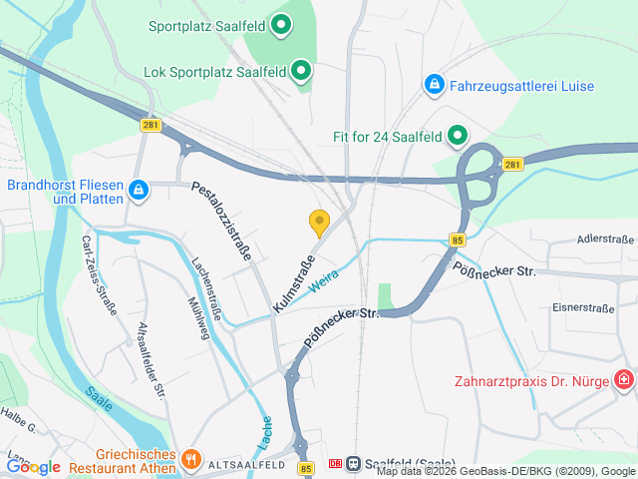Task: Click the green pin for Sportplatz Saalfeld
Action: coord(281,24)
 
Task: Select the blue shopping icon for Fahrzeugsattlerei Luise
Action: coord(434,86)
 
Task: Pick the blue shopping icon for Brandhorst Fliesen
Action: coord(139,190)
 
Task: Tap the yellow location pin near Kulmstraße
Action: coord(319,222)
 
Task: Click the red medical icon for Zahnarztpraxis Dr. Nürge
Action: coord(624,380)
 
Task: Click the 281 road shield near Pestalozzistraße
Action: coord(151,125)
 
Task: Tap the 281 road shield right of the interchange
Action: coord(511,165)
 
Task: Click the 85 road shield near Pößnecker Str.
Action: coord(458,240)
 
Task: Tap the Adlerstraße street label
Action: coord(605,240)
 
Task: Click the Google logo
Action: coord(34,466)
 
